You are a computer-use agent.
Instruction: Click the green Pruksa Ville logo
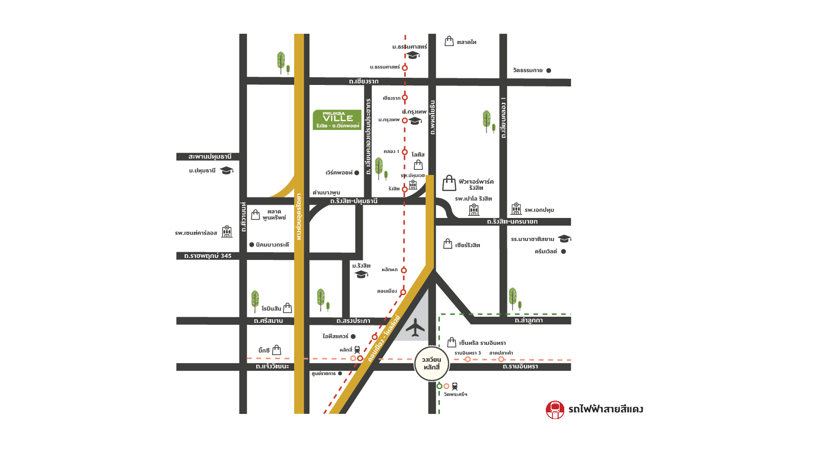pyautogui.click(x=337, y=120)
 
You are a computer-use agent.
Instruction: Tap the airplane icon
pyautogui.click(x=415, y=328)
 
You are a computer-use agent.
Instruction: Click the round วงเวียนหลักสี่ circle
pyautogui.click(x=431, y=363)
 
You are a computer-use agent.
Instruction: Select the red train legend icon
pyautogui.click(x=555, y=409)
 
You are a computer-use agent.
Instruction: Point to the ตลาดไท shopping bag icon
pyautogui.click(x=449, y=41)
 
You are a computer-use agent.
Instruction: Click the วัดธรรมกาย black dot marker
pyautogui.click(x=548, y=71)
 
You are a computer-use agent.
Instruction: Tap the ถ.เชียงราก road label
pyautogui.click(x=364, y=81)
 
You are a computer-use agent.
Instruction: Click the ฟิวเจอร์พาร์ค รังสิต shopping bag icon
pyautogui.click(x=449, y=183)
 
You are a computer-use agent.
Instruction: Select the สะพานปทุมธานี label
pyautogui.click(x=210, y=157)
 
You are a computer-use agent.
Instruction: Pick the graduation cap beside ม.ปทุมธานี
pyautogui.click(x=227, y=170)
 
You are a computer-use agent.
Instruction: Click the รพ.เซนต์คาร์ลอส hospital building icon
pyautogui.click(x=227, y=232)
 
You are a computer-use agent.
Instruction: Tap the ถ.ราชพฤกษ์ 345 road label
pyautogui.click(x=208, y=256)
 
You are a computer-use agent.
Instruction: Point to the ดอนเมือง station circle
pyautogui.click(x=403, y=292)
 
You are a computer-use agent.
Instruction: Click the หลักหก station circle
pyautogui.click(x=404, y=270)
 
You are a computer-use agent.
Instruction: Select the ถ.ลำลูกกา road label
pyautogui.click(x=528, y=320)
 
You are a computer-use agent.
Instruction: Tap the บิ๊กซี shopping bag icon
pyautogui.click(x=277, y=350)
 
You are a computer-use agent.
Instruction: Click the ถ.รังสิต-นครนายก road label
pyautogui.click(x=512, y=222)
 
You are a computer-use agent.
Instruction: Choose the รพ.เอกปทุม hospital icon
pyautogui.click(x=516, y=209)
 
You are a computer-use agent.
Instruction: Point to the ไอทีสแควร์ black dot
pyautogui.click(x=353, y=337)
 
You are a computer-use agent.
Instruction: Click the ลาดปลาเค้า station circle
pyautogui.click(x=501, y=359)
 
